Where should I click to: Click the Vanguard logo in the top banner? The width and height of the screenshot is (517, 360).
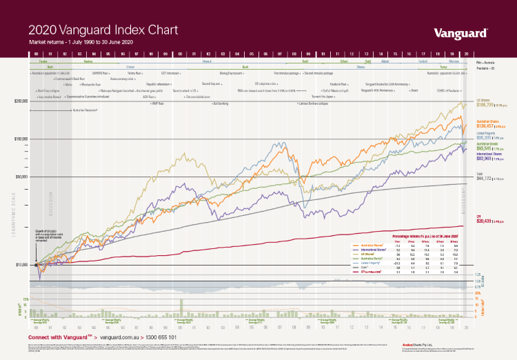pyautogui.click(x=461, y=32)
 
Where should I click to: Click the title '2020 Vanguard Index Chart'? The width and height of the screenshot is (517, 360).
pyautogui.click(x=103, y=30)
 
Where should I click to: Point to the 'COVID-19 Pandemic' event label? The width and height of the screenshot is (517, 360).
pyautogui.click(x=448, y=90)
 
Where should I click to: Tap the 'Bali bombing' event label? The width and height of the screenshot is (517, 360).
pyautogui.click(x=221, y=103)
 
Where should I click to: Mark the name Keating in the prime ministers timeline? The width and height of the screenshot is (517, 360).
pyautogui.click(x=88, y=61)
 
